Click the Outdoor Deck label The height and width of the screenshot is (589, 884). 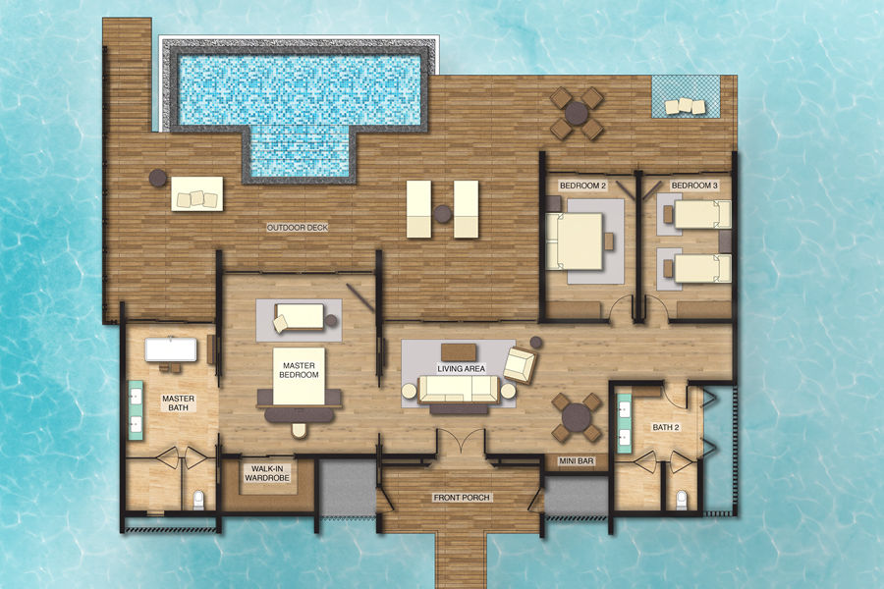click(297, 228)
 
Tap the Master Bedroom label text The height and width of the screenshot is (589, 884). click(299, 370)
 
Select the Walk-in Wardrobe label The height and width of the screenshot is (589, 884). click(266, 473)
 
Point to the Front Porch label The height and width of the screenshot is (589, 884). click(462, 498)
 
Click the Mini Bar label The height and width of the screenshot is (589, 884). click(577, 461)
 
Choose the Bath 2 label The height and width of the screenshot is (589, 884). click(666, 427)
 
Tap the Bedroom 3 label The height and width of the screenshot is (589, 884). click(694, 186)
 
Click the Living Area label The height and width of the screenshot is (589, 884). click(462, 369)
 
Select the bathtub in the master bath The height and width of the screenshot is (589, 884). click(171, 349)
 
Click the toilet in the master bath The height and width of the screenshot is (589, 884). click(197, 500)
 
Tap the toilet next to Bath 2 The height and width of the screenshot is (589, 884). click(681, 500)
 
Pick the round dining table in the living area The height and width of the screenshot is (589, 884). click(577, 417)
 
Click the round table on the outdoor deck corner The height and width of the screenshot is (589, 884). click(577, 113)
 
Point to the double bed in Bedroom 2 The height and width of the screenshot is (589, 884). click(575, 241)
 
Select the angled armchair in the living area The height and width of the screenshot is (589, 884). click(520, 365)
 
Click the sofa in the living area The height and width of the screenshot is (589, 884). click(459, 390)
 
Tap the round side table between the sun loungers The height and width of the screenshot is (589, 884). click(443, 214)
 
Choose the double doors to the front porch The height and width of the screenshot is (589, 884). click(462, 442)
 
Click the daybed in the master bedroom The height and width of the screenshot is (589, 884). click(299, 318)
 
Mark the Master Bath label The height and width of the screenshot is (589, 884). click(178, 402)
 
